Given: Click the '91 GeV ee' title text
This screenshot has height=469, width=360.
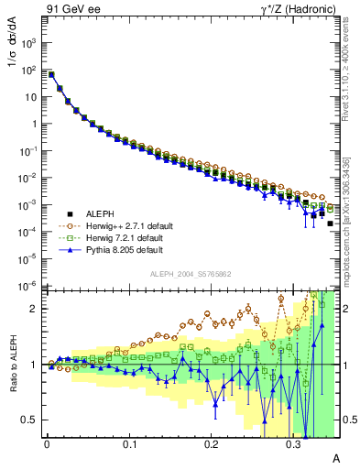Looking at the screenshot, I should tap(70, 9).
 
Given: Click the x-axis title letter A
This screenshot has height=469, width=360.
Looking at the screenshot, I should tap(335, 457).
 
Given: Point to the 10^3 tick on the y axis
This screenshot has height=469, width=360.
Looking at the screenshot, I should tap(29, 43).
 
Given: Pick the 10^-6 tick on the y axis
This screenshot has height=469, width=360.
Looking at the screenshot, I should tap(29, 285).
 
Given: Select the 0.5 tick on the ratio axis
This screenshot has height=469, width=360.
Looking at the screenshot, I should tap(30, 420).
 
